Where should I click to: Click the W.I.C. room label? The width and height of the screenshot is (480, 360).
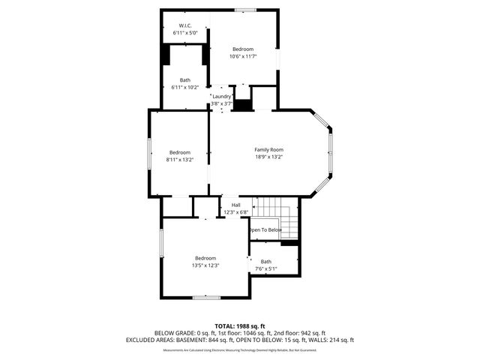coord(185,25)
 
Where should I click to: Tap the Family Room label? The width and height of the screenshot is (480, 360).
coord(268,150)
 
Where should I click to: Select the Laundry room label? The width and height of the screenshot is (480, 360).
coord(221,96)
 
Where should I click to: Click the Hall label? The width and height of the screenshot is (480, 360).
coord(235,205)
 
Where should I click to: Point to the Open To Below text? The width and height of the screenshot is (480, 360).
coord(265,230)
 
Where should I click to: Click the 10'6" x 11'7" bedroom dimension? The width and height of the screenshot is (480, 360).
coord(243,56)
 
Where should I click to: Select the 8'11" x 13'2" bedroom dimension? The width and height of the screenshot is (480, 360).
coord(179,160)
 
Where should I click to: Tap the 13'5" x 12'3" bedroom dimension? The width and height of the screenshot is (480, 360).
coord(205,265)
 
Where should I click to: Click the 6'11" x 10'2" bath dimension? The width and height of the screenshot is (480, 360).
coord(184,88)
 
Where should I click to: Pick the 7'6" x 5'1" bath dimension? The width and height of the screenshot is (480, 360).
coord(266,268)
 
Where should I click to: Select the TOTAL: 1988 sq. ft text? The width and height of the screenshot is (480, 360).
coord(239,325)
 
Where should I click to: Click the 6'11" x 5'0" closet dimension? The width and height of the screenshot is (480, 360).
coord(185,33)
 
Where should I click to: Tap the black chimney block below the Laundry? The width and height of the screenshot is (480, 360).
coord(242,105)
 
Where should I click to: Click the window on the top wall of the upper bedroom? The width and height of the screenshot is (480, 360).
coord(244,10)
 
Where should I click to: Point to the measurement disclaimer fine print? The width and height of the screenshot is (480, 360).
coord(239,349)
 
